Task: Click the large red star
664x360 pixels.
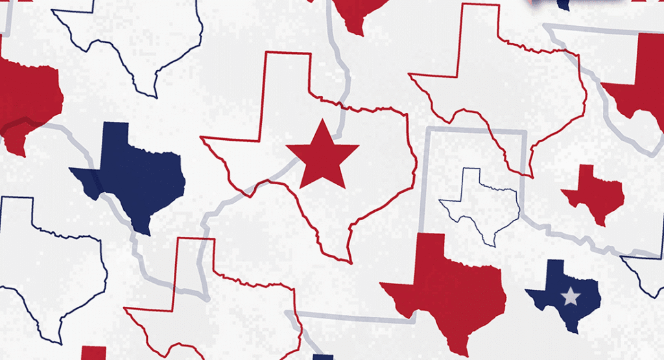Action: coord(322,156)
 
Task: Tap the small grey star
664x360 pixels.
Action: coord(570,296)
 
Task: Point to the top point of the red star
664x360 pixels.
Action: coord(322,121)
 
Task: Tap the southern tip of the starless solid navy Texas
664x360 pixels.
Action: coord(145,234)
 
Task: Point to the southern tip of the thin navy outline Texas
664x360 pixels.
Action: coord(494,245)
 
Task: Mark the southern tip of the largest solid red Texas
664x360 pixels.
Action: coord(464,355)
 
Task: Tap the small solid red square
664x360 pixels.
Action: coord(93,354)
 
